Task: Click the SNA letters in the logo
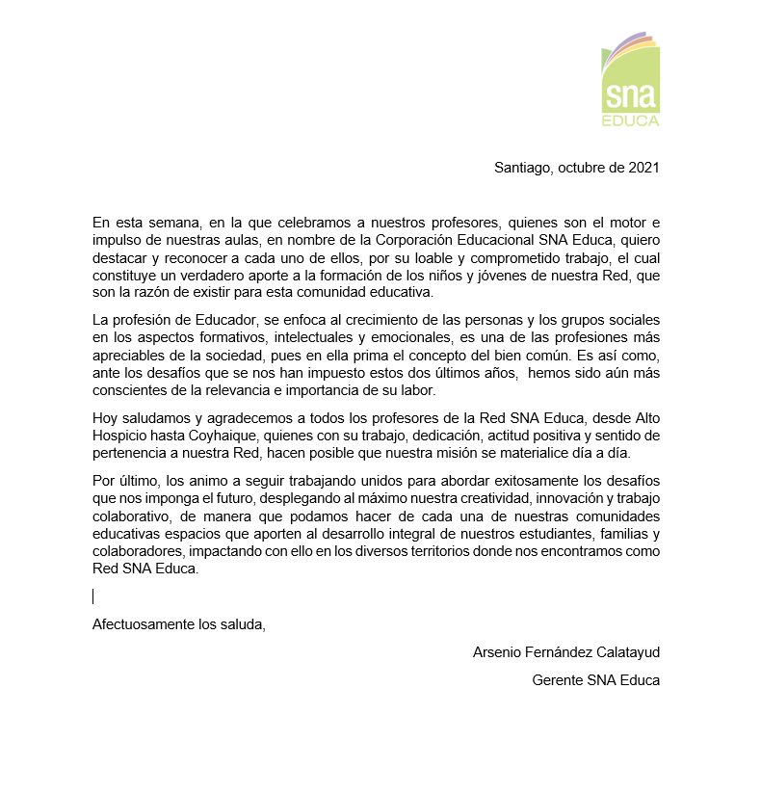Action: click(x=630, y=97)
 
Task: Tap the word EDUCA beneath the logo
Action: click(x=630, y=121)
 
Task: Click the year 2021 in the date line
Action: click(x=643, y=167)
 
